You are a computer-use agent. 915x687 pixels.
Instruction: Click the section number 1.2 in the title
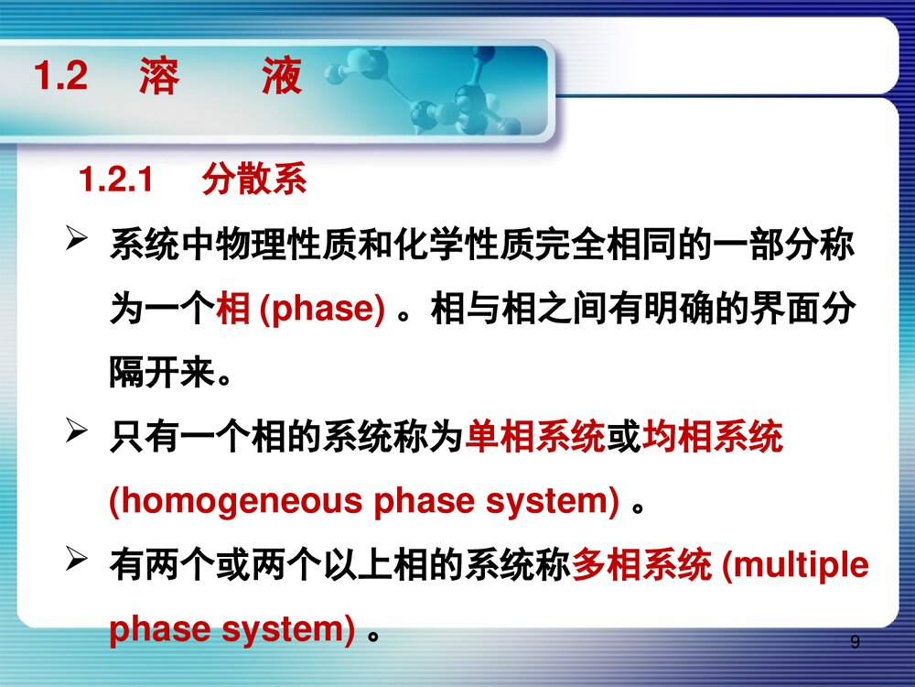click(60, 77)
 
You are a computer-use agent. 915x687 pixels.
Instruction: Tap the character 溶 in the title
click(159, 77)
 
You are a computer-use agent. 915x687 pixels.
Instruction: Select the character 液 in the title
click(281, 77)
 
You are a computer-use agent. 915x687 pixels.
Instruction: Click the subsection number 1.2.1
click(115, 180)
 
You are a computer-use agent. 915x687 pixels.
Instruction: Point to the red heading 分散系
click(254, 180)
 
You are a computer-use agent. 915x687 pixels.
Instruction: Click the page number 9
click(855, 642)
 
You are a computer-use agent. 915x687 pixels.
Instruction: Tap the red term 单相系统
click(535, 439)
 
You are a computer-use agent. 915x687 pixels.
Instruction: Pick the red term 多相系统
click(641, 566)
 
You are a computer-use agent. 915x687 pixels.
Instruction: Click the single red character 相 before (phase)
click(232, 311)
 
